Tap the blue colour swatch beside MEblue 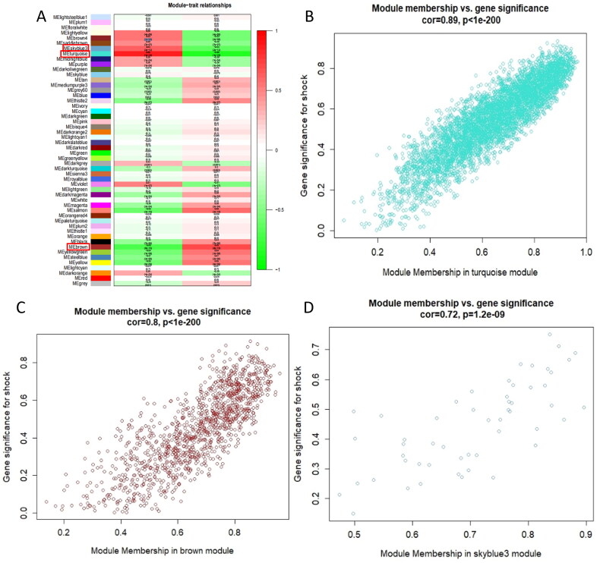[x=101, y=95]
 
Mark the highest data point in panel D [x=550, y=335]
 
